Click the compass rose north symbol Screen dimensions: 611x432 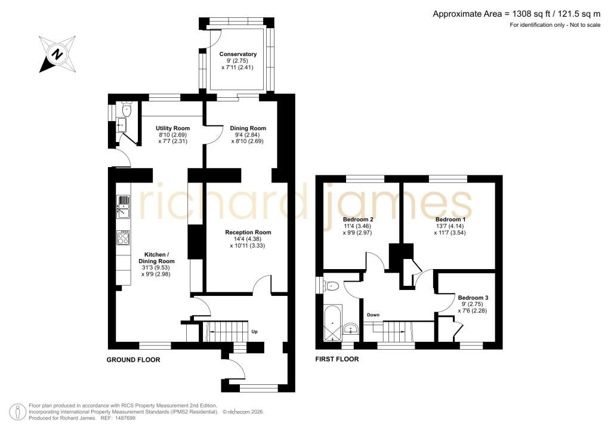pyautogui.click(x=57, y=54)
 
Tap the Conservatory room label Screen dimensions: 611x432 pyautogui.click(x=237, y=54)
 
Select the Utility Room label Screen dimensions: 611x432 pyautogui.click(x=172, y=128)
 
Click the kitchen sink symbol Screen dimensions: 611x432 pyautogui.click(x=124, y=207)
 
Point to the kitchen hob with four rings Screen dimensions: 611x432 pyautogui.click(x=124, y=237)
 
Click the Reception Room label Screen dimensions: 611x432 pyautogui.click(x=248, y=232)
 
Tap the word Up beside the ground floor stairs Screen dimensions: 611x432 pyautogui.click(x=254, y=332)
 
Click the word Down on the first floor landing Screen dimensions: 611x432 pyautogui.click(x=373, y=314)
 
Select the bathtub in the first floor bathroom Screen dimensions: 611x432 pyautogui.click(x=332, y=323)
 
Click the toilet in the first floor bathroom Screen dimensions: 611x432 pyautogui.click(x=331, y=286)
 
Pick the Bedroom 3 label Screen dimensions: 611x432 pyautogui.click(x=473, y=298)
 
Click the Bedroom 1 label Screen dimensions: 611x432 pyautogui.click(x=450, y=220)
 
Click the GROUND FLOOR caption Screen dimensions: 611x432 pyautogui.click(x=133, y=360)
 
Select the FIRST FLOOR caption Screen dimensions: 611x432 pyautogui.click(x=337, y=359)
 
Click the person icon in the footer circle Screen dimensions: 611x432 pyautogui.click(x=17, y=412)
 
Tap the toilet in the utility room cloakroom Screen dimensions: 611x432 pyautogui.click(x=126, y=110)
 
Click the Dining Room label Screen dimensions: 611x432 pyautogui.click(x=248, y=128)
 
